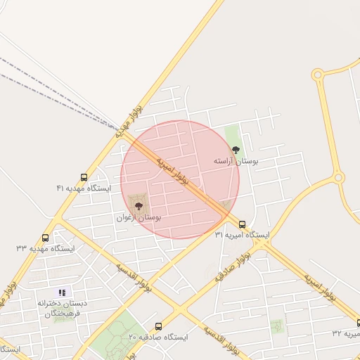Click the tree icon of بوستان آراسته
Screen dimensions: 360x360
tap(236, 150)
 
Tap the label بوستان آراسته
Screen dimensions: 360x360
tap(236, 162)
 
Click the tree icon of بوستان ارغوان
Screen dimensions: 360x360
tap(139, 207)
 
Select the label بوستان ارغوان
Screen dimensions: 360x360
tap(139, 219)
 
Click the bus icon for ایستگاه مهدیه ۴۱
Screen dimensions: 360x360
tap(84, 177)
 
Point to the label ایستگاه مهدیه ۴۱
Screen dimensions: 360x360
tap(84, 188)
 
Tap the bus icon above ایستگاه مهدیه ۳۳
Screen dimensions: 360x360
tap(46, 238)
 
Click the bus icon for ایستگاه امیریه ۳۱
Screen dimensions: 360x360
tap(242, 224)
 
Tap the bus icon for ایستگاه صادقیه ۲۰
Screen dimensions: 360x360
tap(158, 326)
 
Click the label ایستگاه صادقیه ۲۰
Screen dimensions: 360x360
tap(158, 337)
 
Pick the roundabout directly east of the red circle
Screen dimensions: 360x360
tap(339, 178)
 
